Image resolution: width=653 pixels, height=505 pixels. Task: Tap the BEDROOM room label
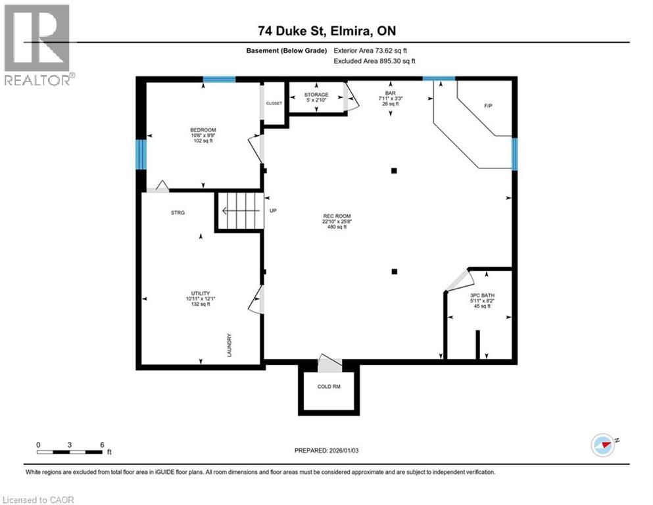203,130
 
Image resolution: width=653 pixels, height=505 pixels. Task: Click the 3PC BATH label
482,295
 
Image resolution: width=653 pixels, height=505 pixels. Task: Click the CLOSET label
274,103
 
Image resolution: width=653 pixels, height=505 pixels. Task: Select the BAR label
391,93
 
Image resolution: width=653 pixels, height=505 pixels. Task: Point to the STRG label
178,212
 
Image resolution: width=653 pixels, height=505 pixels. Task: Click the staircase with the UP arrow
239,211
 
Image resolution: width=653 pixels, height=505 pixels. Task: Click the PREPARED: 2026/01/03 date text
326,450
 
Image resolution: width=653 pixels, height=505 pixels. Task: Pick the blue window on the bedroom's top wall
219,80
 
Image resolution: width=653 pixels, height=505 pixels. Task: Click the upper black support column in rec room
394,170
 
